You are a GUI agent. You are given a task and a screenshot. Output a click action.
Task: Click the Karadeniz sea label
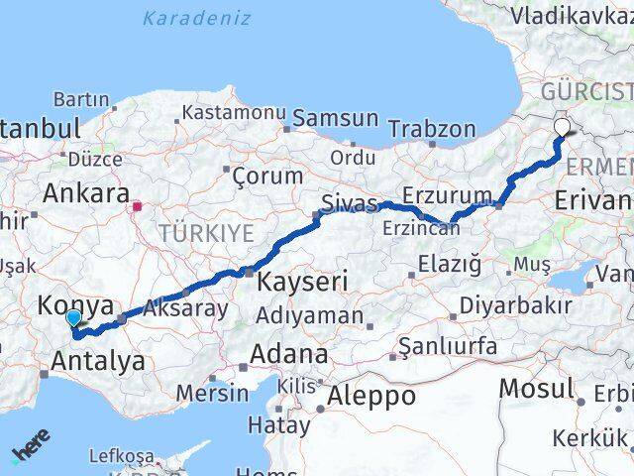(196, 18)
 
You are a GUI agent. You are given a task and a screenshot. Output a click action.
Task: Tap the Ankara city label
(86, 192)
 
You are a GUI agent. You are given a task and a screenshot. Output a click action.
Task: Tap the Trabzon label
(432, 128)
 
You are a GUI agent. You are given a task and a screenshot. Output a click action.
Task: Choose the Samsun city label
(335, 119)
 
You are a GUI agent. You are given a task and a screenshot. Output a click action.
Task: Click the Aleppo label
(374, 395)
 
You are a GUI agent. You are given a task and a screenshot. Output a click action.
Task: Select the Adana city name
(289, 354)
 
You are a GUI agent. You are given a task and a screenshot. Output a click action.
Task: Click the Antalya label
(97, 360)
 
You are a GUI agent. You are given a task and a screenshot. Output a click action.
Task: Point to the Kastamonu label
(234, 113)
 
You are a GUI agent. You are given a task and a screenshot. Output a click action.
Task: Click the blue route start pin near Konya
(73, 318)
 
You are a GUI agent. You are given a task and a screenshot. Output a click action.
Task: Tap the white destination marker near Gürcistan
(562, 127)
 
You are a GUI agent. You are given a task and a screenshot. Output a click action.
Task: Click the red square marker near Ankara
(138, 207)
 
